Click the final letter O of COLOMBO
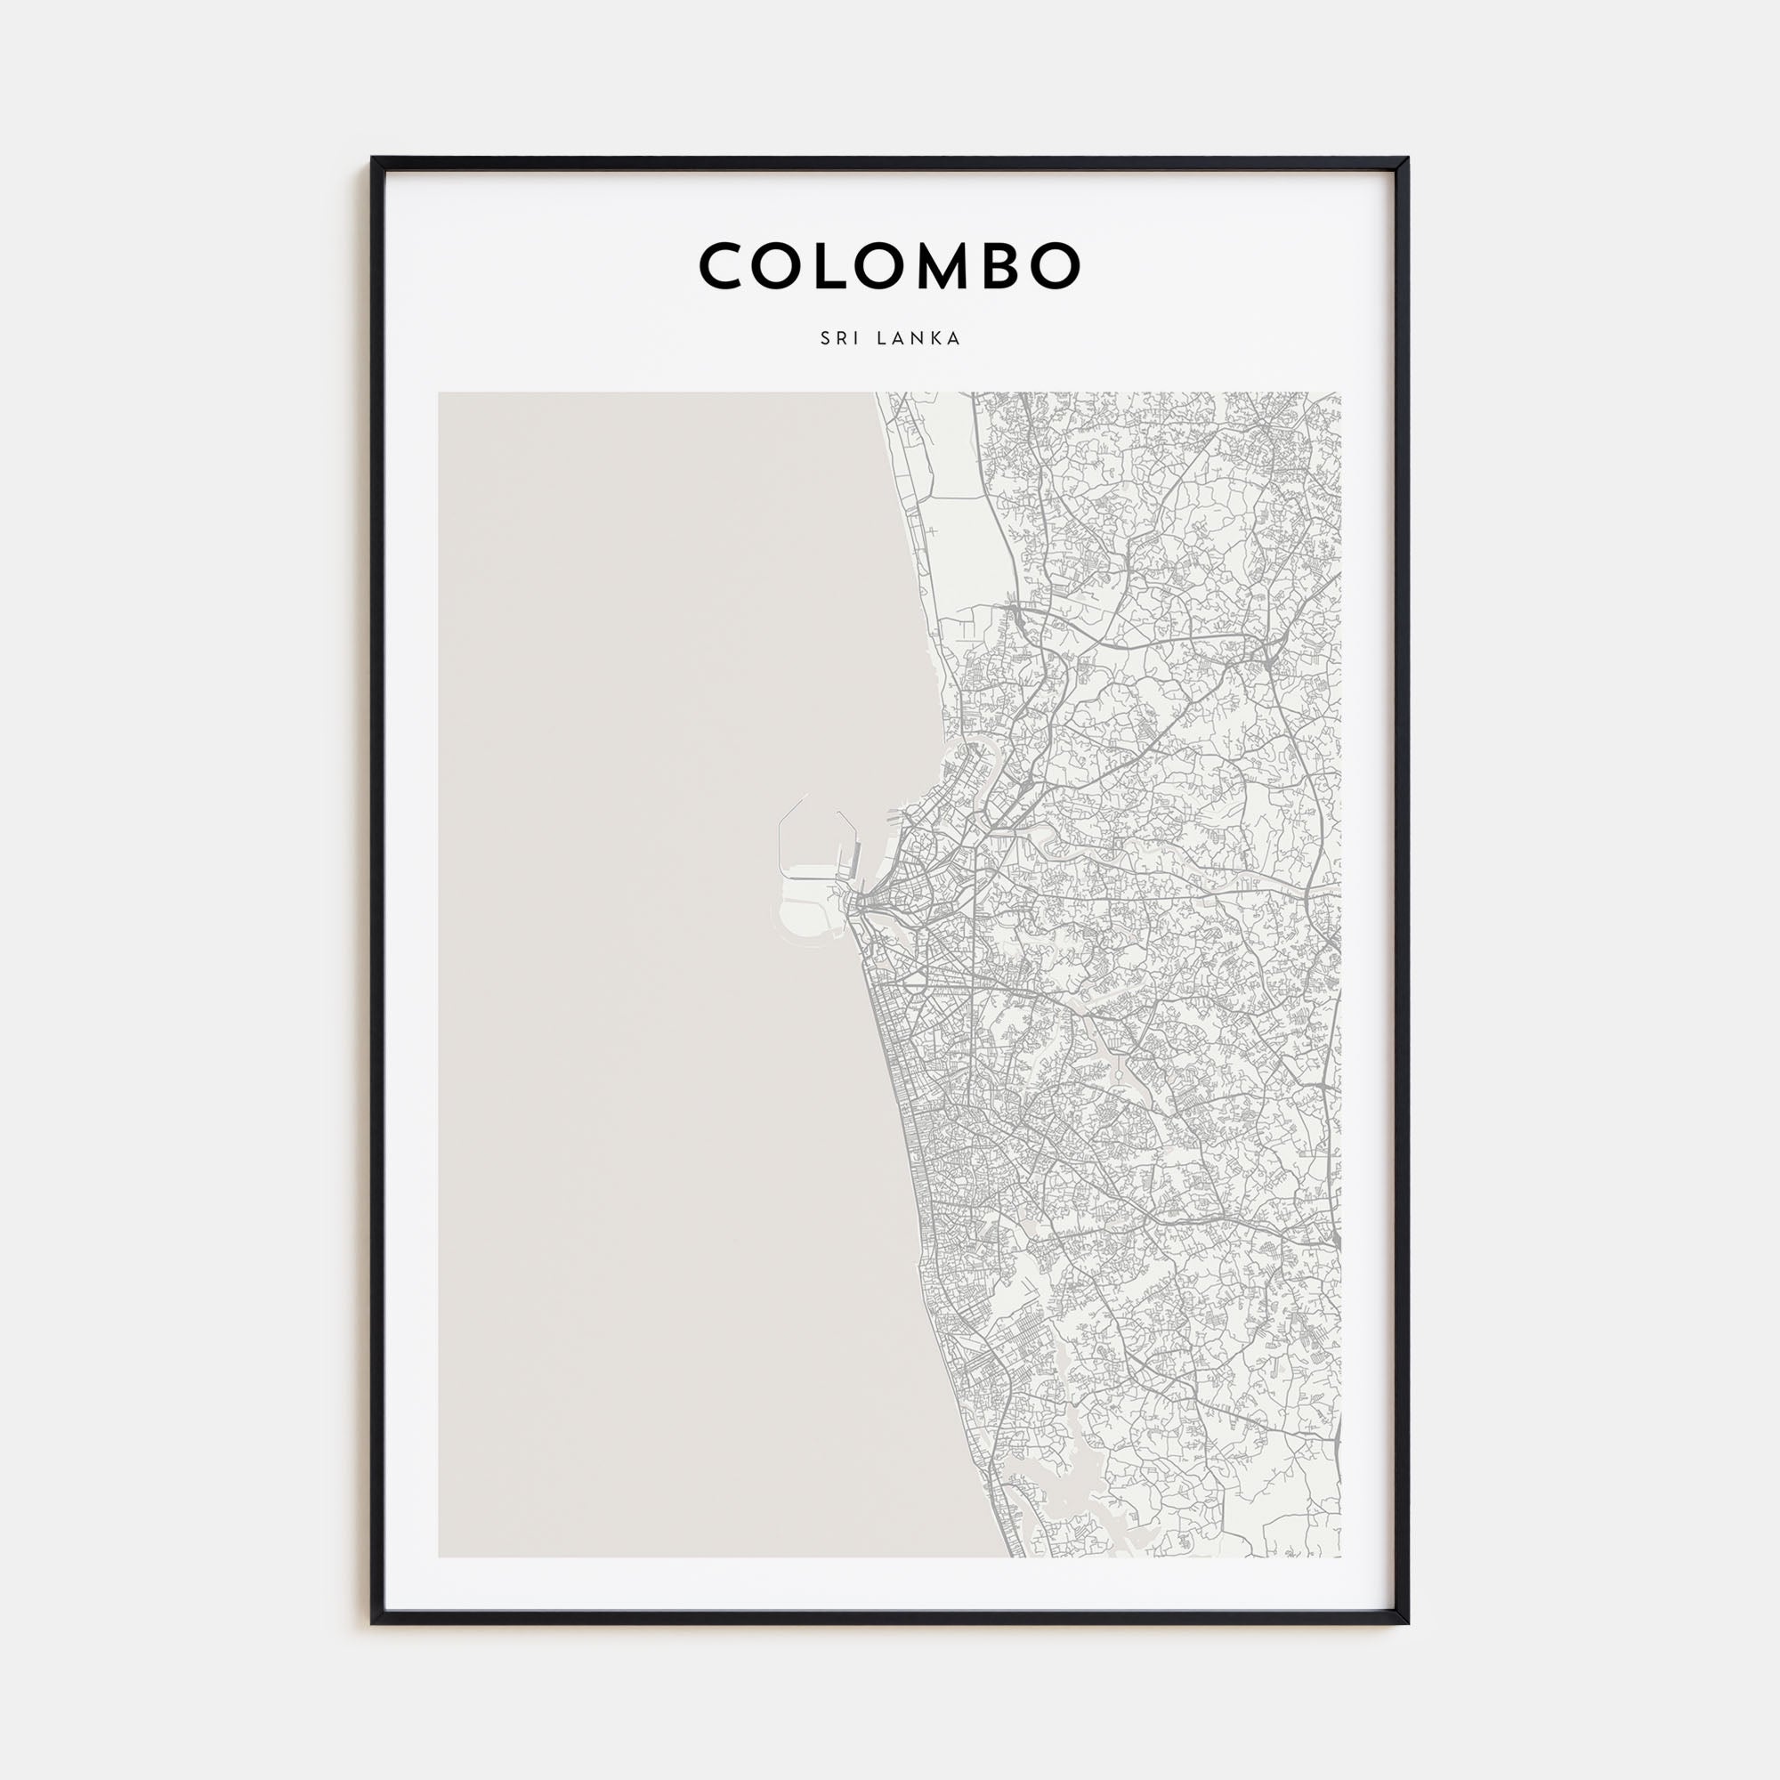pos(1055,266)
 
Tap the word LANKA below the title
pos(918,338)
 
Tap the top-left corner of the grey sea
pos(441,394)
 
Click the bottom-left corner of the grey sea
pos(441,1555)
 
